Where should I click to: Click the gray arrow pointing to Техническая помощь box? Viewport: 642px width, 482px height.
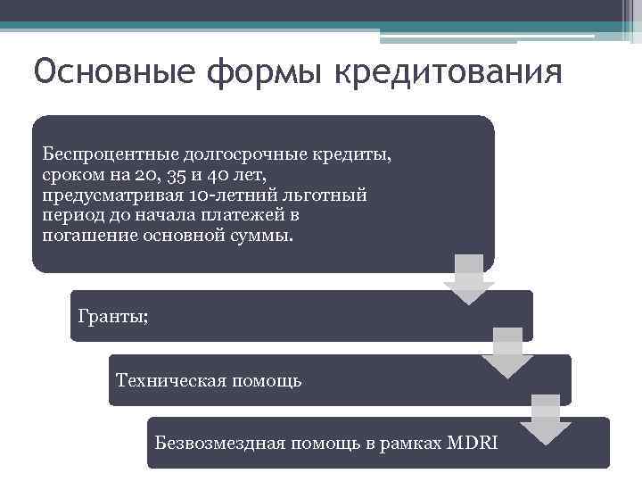pos(507,353)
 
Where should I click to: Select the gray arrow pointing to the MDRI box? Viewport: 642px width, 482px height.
pos(546,418)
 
